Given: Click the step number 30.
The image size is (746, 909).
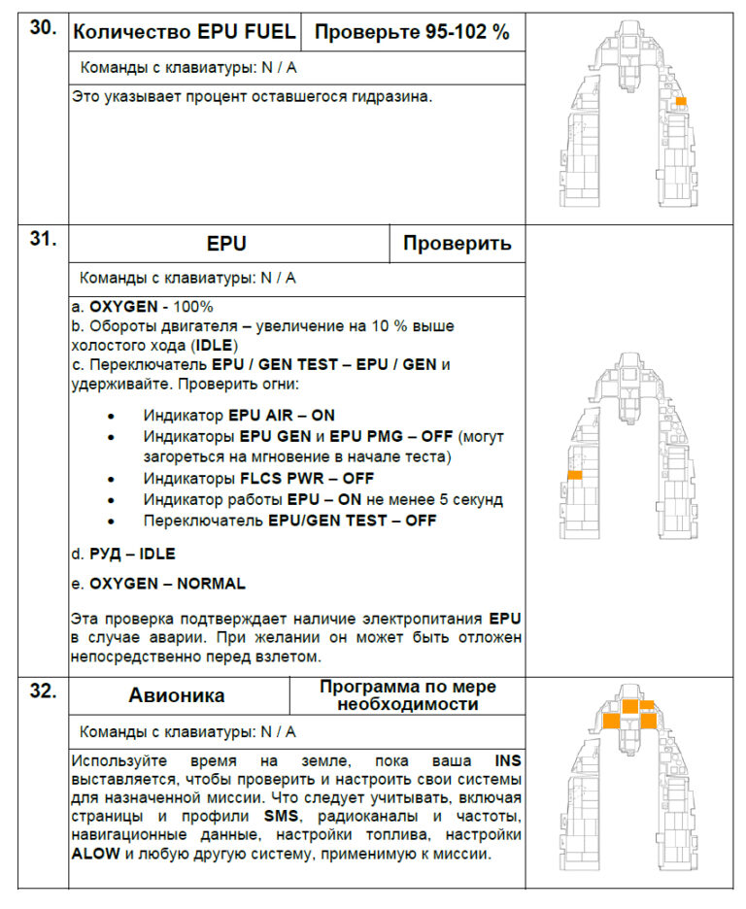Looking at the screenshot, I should (42, 28).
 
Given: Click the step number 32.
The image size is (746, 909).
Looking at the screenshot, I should (42, 692).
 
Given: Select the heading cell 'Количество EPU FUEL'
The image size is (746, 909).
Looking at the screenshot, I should (185, 32).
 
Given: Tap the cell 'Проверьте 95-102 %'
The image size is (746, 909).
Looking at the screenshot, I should (412, 32).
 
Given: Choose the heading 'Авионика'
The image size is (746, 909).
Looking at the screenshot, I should (176, 695).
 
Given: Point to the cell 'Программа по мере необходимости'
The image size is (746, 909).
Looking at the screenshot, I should (408, 695).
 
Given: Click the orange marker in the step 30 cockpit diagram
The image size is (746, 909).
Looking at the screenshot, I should (681, 101).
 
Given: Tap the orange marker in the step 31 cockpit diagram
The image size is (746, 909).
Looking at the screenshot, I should (575, 475).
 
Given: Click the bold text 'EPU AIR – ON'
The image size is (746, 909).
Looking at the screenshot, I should (282, 415).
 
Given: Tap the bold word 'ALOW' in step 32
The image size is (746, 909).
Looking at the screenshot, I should (93, 855).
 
